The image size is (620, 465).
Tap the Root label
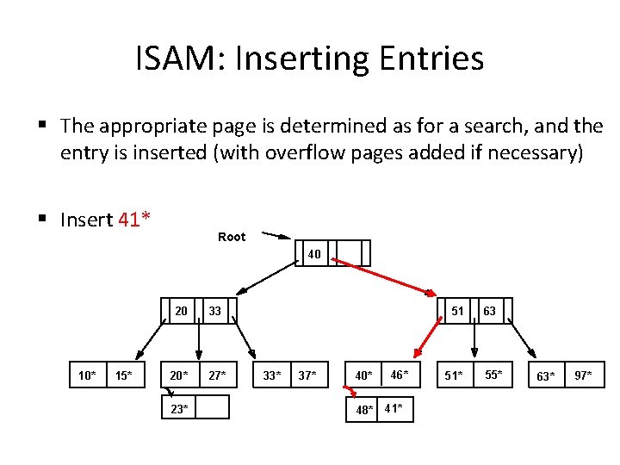(232, 237)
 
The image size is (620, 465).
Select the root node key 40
(314, 254)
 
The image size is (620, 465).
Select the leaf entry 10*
(87, 375)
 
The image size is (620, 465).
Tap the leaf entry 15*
(124, 375)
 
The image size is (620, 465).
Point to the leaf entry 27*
(217, 375)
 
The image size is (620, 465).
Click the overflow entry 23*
(179, 408)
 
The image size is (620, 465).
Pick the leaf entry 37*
(307, 375)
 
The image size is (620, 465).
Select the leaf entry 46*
(400, 375)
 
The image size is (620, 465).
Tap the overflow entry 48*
(365, 409)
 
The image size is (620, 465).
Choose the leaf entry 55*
(492, 375)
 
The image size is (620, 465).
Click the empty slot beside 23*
(214, 407)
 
